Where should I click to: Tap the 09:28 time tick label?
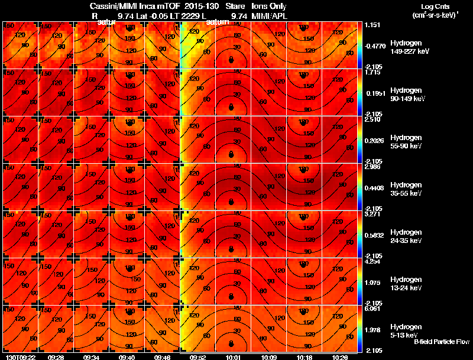(56, 357)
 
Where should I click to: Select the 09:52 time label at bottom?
(198, 357)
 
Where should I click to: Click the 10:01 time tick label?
(232, 357)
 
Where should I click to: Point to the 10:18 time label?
(304, 357)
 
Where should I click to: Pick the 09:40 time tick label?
(127, 357)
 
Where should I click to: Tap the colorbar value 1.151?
(372, 25)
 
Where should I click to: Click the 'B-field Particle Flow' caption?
(442, 342)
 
